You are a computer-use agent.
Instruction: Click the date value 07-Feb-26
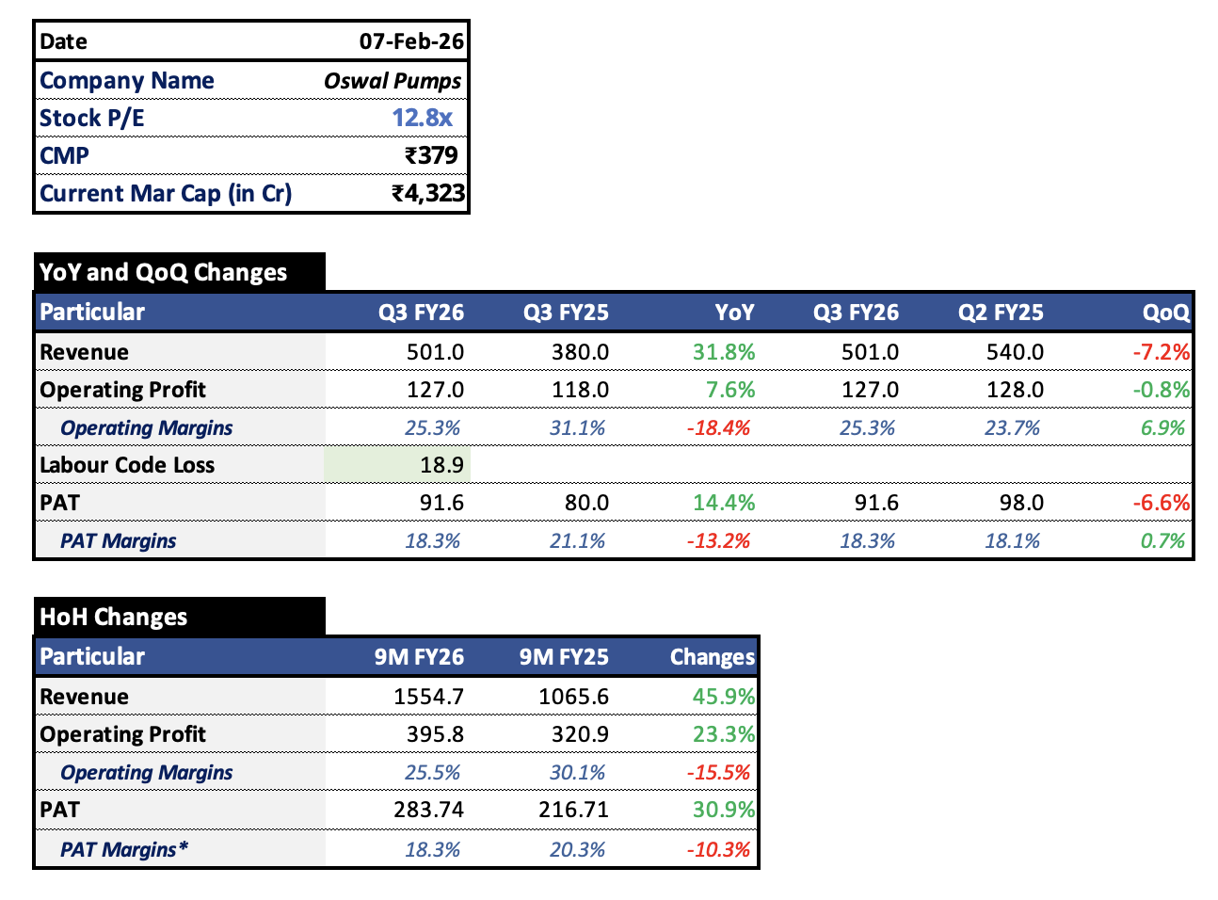[x=411, y=41]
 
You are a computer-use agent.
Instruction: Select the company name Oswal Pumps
[x=393, y=81]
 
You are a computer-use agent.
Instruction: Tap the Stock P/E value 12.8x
[x=422, y=118]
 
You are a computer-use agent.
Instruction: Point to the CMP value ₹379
[x=431, y=155]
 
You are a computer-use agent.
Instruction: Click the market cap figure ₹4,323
[x=428, y=193]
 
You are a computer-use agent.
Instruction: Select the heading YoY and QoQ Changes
[x=163, y=272]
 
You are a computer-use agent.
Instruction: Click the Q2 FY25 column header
[x=1001, y=313]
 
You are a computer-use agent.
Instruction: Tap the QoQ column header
[x=1165, y=313]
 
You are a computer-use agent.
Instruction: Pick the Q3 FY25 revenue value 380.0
[x=580, y=352]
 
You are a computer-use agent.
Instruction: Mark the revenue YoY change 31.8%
[x=724, y=352]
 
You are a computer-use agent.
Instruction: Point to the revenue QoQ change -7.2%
[x=1161, y=352]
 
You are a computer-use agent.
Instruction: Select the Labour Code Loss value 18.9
[x=441, y=465]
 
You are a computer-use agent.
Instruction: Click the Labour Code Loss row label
[x=127, y=465]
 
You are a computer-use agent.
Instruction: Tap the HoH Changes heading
[x=113, y=617]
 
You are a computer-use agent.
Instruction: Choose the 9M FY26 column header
[x=419, y=657]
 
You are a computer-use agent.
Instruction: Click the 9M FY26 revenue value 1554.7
[x=428, y=697]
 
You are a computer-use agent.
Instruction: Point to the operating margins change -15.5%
[x=719, y=773]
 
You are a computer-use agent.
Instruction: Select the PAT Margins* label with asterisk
[x=124, y=849]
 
